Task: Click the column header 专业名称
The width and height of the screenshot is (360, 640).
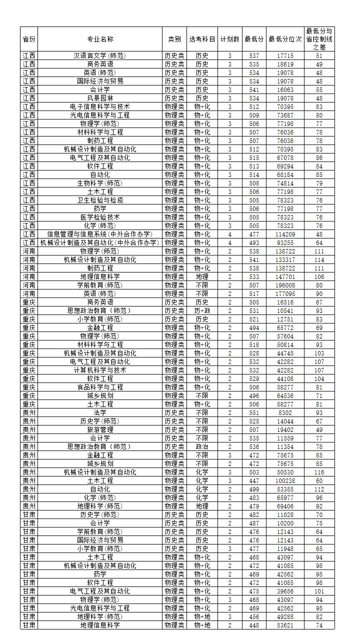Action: (100, 39)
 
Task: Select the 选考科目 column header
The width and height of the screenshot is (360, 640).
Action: (202, 39)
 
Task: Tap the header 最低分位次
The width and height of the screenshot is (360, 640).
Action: (285, 39)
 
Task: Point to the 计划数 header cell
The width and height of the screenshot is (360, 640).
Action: (229, 39)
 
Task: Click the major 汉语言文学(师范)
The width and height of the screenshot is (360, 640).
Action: (100, 56)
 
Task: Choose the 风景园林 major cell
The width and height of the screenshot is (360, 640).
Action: (100, 98)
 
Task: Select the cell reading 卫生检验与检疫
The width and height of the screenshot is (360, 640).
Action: (100, 200)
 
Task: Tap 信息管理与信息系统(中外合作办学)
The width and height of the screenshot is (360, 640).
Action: (100, 234)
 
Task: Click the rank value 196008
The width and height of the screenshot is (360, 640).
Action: (285, 285)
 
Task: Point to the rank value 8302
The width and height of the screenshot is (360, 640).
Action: (285, 413)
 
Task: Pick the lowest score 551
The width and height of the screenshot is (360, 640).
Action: (254, 413)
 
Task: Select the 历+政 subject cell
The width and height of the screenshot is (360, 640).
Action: (202, 311)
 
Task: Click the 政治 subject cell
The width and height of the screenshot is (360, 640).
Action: (202, 447)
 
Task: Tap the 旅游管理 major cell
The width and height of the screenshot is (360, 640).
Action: (100, 430)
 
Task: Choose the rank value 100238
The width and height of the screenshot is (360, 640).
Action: (285, 481)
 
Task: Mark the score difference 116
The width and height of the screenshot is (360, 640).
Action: (319, 472)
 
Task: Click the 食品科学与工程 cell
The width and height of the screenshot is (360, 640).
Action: (100, 387)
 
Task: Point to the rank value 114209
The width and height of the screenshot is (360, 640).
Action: (285, 234)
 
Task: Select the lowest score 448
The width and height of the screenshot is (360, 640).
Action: (254, 625)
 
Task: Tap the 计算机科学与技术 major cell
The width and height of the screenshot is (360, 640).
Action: (100, 370)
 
